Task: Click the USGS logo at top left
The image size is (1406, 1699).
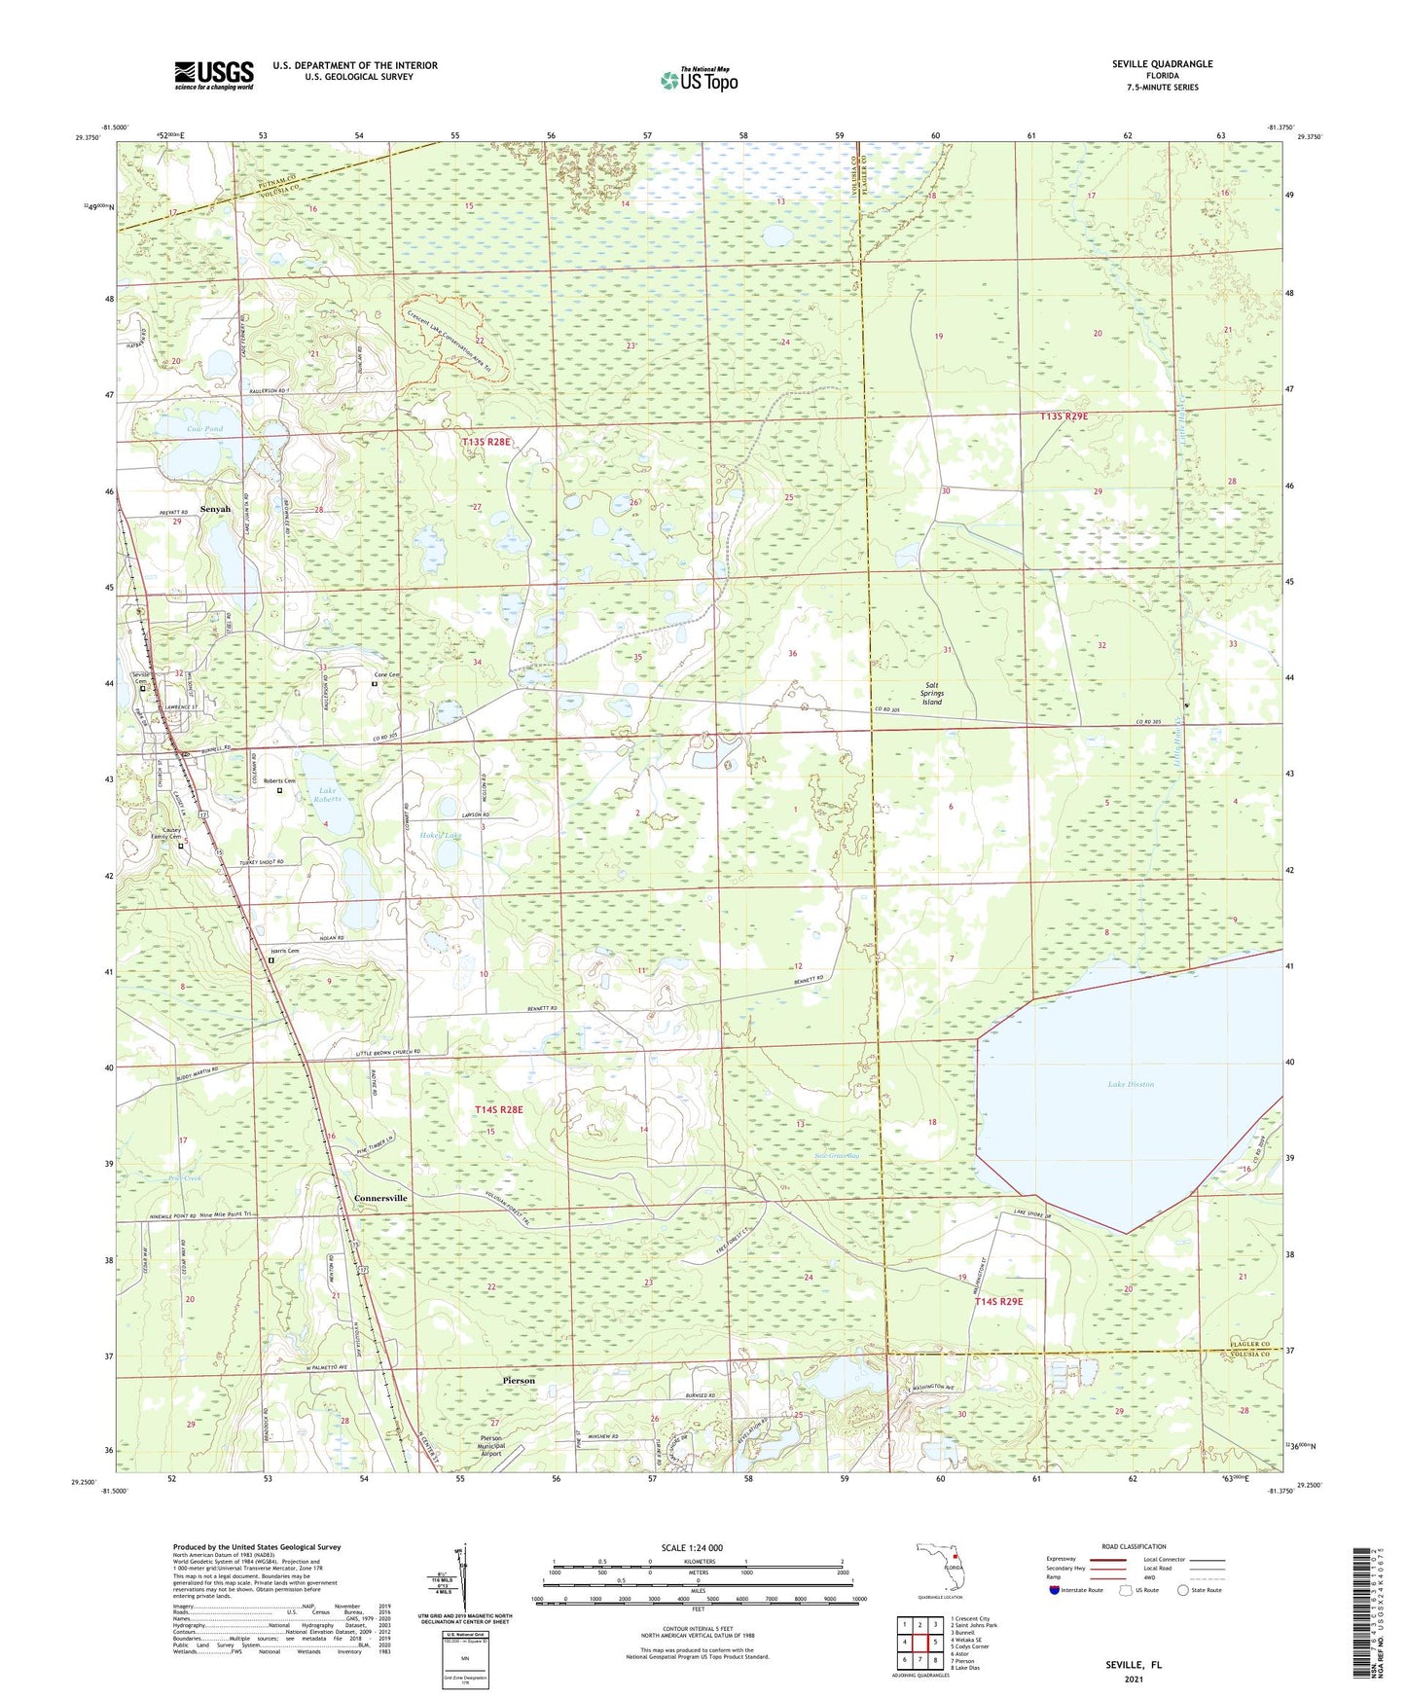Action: click(x=214, y=75)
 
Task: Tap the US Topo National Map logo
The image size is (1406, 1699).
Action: click(x=698, y=80)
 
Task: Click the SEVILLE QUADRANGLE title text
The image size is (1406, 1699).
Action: click(x=1162, y=64)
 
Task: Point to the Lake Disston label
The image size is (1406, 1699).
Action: click(x=1130, y=1084)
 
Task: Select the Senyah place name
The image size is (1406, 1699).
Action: click(x=215, y=509)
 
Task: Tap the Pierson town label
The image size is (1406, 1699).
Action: click(x=519, y=1380)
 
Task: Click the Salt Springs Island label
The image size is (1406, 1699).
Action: click(x=932, y=693)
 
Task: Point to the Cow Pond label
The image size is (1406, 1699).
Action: click(x=204, y=429)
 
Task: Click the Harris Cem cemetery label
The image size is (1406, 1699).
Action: click(x=283, y=951)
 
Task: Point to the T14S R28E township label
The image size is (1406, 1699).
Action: click(x=498, y=1109)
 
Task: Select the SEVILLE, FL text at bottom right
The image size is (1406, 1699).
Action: click(x=1133, y=1665)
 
